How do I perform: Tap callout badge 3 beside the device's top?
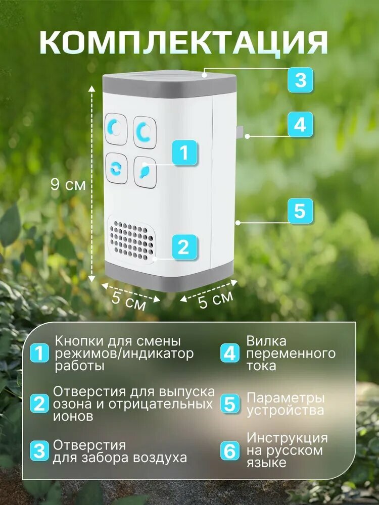(x=300, y=80)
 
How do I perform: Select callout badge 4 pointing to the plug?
(x=300, y=124)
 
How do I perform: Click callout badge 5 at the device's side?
(x=300, y=211)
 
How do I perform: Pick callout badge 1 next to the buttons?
(x=184, y=152)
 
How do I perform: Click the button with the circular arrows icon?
(x=116, y=168)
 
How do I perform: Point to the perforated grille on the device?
(x=131, y=238)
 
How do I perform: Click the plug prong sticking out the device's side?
(x=241, y=132)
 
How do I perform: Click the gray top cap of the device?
(x=169, y=84)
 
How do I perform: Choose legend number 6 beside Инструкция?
(x=230, y=450)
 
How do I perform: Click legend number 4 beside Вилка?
(x=230, y=353)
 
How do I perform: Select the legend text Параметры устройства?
(x=285, y=405)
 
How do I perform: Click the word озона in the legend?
(x=69, y=405)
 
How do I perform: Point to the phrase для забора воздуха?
(x=120, y=458)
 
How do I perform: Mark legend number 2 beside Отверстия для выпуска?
(x=39, y=404)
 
